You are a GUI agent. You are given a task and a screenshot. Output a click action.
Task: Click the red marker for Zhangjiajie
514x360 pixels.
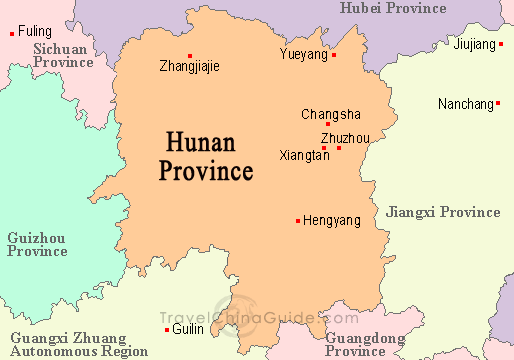190,55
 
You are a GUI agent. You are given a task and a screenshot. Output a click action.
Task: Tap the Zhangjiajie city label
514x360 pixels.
189,67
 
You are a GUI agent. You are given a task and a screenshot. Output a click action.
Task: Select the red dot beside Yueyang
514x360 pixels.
334,55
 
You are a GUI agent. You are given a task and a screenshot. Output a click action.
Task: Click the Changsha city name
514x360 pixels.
331,114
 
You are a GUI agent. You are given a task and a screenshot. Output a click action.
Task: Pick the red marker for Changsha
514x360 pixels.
328,124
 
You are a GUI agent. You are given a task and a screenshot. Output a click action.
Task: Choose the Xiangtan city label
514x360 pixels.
305,156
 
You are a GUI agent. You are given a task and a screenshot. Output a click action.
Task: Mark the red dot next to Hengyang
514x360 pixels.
298,220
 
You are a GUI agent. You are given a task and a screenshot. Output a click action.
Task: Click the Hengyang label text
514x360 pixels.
332,220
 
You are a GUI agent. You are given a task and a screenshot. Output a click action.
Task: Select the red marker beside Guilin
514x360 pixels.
166,329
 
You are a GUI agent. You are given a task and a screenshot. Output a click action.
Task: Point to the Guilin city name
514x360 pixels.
187,329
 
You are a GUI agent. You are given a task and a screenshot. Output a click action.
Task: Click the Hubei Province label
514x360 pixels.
392,8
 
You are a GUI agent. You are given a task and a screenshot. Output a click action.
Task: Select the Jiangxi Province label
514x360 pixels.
442,212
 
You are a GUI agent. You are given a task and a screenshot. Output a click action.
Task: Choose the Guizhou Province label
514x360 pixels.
37,244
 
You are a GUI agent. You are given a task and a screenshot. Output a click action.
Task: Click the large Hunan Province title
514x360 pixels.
206,155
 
